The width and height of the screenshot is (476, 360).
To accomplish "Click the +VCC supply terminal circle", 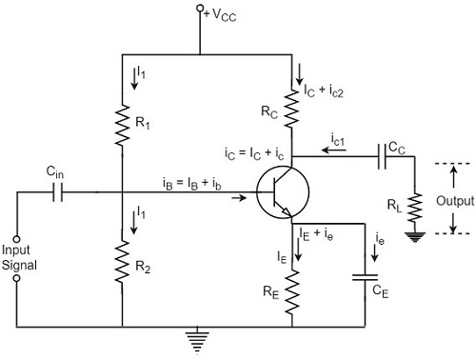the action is (x=200, y=9).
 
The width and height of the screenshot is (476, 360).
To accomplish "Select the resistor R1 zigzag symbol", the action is (x=122, y=126).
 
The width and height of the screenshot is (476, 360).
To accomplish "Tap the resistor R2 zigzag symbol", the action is (x=122, y=261).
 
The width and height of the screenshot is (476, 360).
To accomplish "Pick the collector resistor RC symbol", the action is (x=291, y=108).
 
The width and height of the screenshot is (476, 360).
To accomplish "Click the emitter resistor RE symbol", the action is (x=292, y=292).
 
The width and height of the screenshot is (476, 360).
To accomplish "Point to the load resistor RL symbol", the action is (x=415, y=208).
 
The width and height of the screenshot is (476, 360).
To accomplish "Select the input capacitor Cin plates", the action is (x=57, y=192).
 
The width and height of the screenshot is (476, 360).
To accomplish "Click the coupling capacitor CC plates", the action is (x=383, y=156).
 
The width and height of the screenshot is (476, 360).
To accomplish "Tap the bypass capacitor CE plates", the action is (x=365, y=278).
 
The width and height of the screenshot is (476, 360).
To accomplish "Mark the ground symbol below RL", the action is (x=415, y=237).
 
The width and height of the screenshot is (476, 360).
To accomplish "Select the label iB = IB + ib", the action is (x=191, y=184).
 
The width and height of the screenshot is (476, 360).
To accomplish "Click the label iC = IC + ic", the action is (x=254, y=153).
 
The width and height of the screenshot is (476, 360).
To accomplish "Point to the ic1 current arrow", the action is (x=334, y=150).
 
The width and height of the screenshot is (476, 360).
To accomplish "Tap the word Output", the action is (x=455, y=201).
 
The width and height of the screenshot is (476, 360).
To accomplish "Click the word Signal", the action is (x=19, y=265).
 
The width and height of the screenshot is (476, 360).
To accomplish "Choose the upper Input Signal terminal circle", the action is (x=16, y=239).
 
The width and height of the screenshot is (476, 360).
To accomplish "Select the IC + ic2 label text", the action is (x=324, y=91).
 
